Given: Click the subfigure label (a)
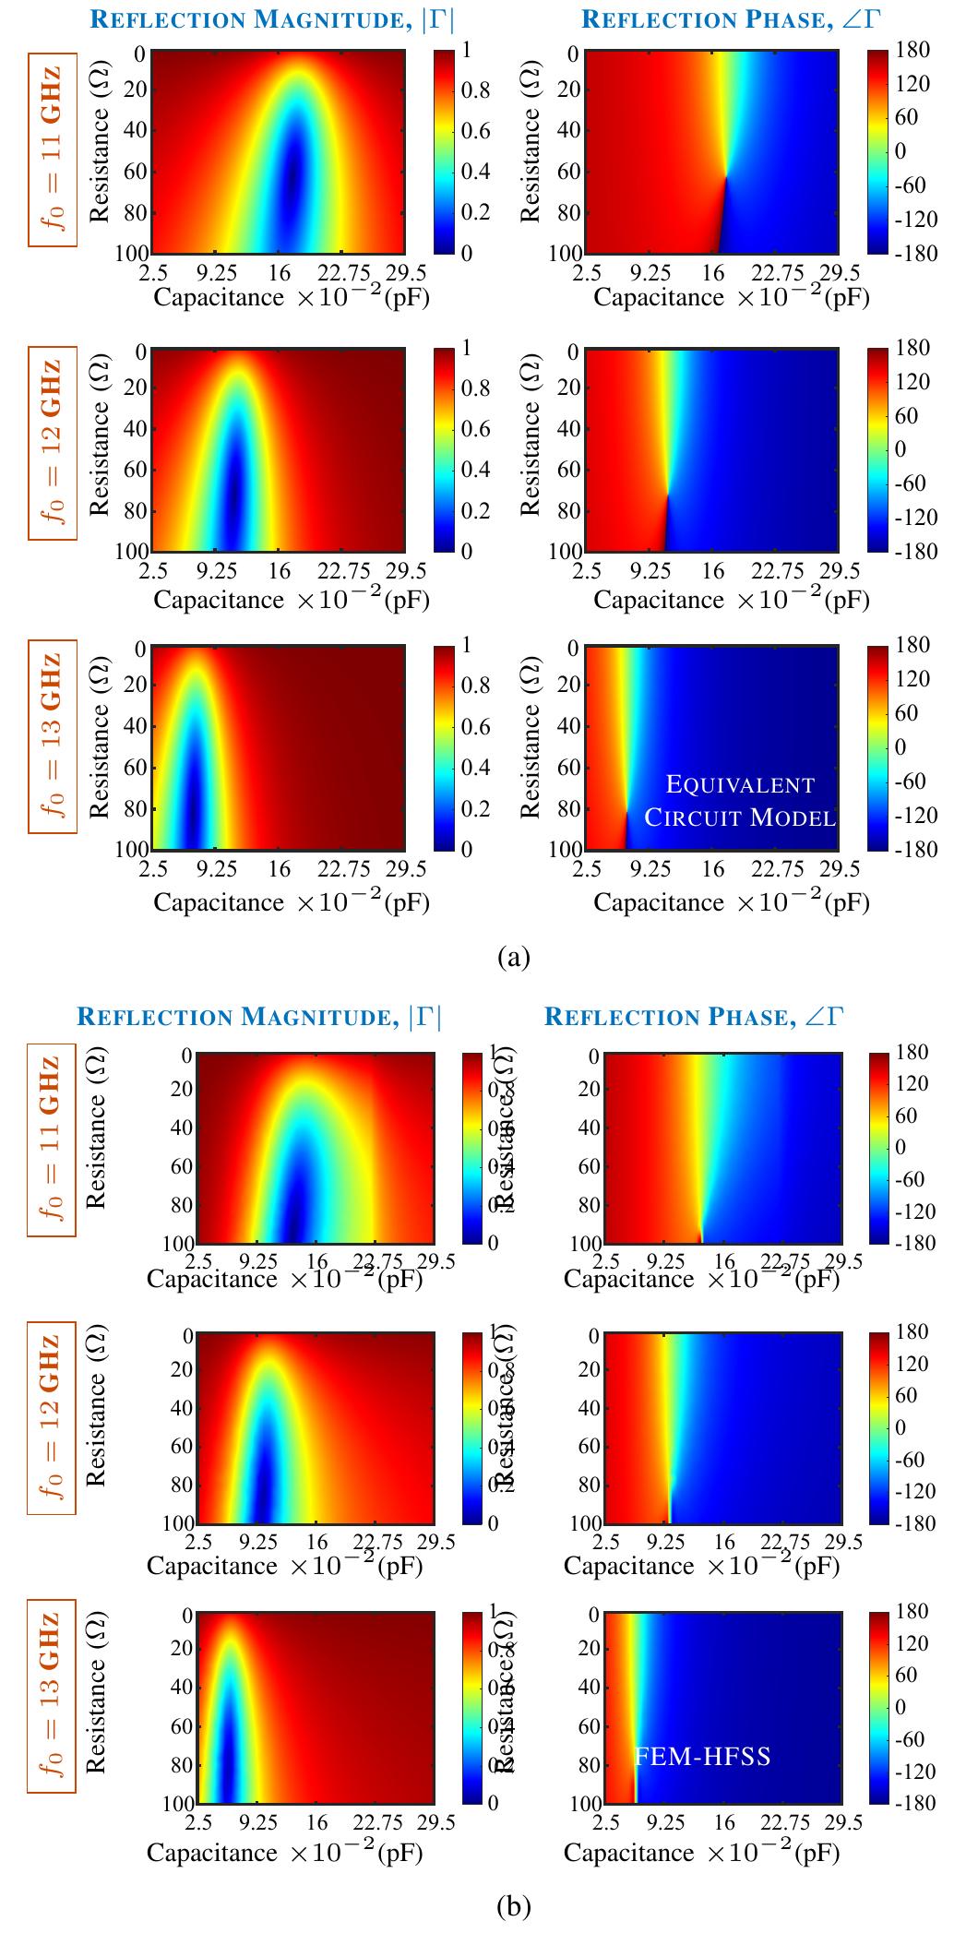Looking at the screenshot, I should pyautogui.click(x=513, y=957).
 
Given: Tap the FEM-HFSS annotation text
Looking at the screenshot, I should pyautogui.click(x=704, y=1756).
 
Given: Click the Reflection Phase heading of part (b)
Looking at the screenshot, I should pyautogui.click(x=694, y=1017).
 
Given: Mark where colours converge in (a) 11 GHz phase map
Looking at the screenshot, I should pyautogui.click(x=726, y=175).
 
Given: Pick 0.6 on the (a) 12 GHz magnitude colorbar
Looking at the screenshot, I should pyautogui.click(x=475, y=429).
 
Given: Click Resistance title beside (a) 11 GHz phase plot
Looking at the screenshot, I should pyautogui.click(x=531, y=152).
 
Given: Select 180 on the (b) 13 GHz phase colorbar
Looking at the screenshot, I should pyautogui.click(x=912, y=1612).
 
